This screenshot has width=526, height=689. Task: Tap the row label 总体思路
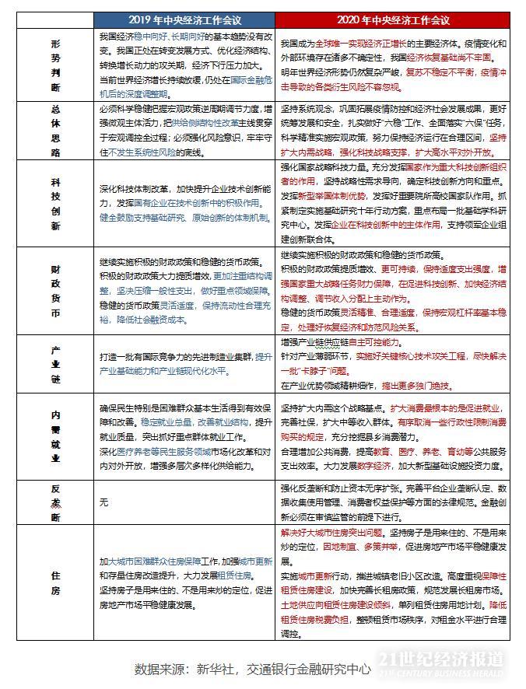(55, 130)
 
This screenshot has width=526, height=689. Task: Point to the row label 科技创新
(55, 204)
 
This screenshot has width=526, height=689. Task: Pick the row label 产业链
(55, 364)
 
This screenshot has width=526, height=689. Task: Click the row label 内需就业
(55, 435)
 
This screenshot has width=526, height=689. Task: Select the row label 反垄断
(55, 502)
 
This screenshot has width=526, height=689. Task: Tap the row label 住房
(55, 582)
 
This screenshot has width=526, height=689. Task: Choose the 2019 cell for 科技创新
(184, 204)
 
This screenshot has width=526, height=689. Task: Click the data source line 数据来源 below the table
(251, 669)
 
